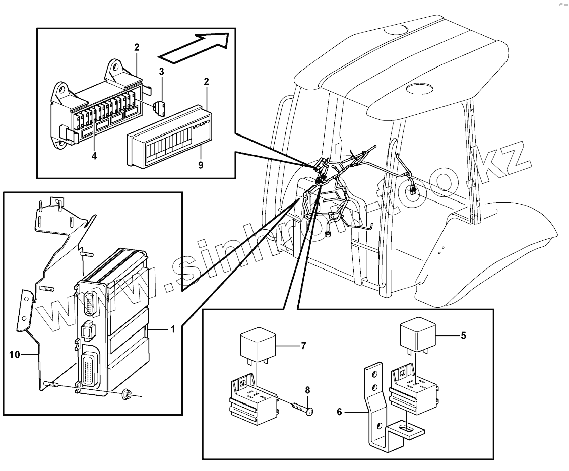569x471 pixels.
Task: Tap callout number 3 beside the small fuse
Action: click(x=162, y=72)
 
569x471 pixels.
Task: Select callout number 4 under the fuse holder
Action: click(x=94, y=156)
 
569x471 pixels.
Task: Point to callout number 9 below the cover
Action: click(x=201, y=165)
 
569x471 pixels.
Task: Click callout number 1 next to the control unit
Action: click(x=172, y=329)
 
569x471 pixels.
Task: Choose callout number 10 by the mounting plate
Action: click(x=15, y=355)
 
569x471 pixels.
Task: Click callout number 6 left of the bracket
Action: click(x=339, y=412)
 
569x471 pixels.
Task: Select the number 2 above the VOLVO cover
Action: click(x=206, y=81)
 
